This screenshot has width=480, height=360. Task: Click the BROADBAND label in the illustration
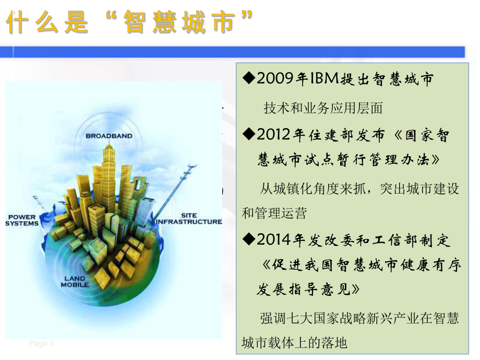(x=109, y=136)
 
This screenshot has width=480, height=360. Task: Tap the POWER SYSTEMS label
(x=22, y=220)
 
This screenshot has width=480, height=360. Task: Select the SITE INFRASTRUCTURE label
(x=189, y=219)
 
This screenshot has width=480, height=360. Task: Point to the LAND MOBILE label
(x=75, y=282)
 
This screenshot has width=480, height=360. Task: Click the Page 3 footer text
(x=41, y=343)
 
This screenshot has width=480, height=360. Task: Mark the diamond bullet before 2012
(x=249, y=135)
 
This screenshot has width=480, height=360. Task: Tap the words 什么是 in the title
(x=47, y=24)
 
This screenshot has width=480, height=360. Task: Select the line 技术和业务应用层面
(x=323, y=108)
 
